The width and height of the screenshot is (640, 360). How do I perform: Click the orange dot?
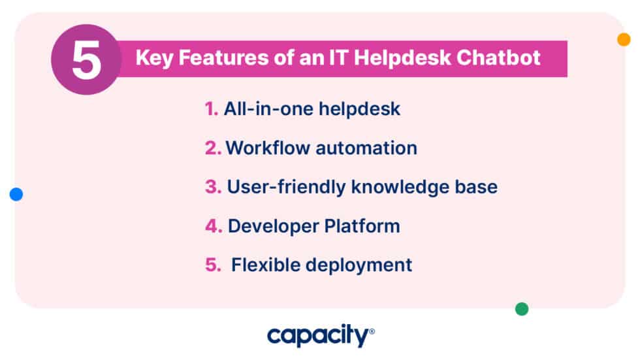coord(624,39)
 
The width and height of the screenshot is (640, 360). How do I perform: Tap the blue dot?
coord(16,194)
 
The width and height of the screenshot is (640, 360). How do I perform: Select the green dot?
coord(522,309)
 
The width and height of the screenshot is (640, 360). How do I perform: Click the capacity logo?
coord(320,336)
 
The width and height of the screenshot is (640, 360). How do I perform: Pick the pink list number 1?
coord(211,109)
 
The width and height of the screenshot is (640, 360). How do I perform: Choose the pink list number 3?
coord(213,187)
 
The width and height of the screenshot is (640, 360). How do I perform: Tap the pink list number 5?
coord(213,265)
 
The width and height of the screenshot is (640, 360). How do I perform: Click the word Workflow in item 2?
coord(268,148)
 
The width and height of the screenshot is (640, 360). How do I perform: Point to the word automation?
coord(366,148)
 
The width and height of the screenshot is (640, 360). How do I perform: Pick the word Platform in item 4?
coord(362,226)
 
